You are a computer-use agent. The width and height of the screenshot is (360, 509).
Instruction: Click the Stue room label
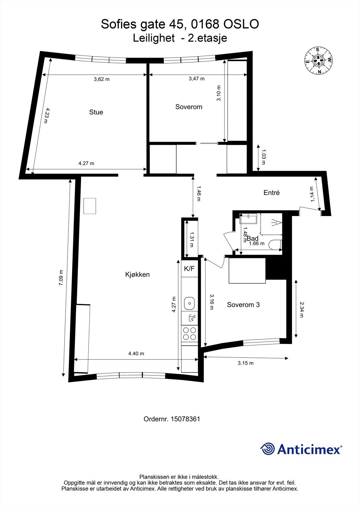96,112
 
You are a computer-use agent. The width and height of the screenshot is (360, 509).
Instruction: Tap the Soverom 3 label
243,305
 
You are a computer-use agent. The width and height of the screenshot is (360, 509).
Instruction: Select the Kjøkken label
137,275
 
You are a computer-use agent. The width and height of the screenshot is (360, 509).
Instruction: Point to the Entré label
272,193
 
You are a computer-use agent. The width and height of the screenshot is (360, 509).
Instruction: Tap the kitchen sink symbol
189,303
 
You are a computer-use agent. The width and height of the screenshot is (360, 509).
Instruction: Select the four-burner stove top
189,334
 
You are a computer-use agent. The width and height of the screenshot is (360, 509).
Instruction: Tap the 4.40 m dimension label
136,353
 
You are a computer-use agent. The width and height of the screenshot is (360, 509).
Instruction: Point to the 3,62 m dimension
102,79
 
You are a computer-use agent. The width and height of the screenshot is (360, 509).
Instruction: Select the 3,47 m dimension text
196,79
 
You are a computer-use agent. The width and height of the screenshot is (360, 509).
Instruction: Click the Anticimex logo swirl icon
268,449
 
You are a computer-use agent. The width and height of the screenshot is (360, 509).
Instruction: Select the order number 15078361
185,419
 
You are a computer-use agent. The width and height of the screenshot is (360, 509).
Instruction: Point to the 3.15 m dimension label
245,363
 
